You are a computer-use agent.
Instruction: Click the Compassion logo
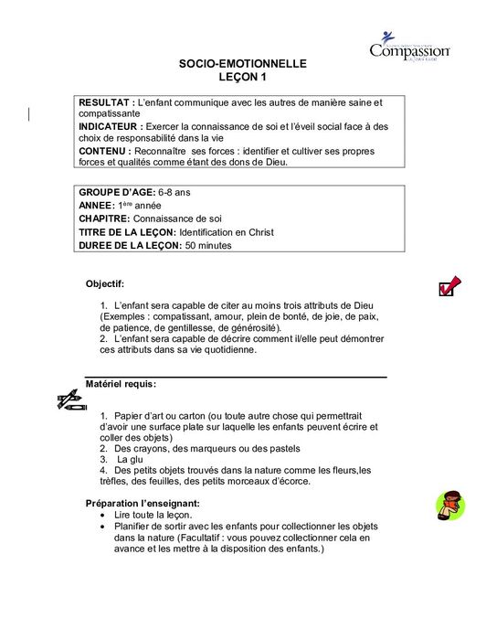[409, 47]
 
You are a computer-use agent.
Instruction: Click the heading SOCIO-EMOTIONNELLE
[242, 64]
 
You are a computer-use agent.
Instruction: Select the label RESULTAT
[106, 103]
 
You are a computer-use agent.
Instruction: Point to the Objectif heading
[111, 284]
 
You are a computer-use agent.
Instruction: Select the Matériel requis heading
[121, 384]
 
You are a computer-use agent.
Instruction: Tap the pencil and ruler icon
[71, 400]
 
